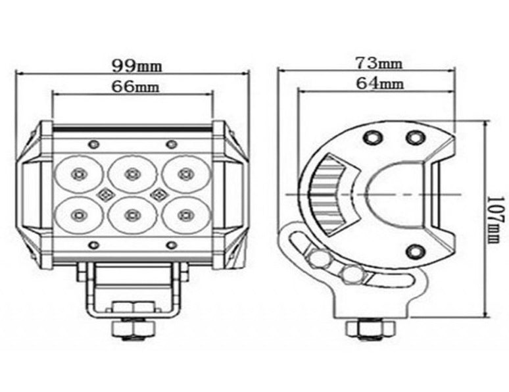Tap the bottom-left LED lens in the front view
pos(78,214)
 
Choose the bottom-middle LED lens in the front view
pos(132,214)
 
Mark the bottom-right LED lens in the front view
pos(185,214)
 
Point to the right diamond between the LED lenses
pos(158,194)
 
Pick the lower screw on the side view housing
pos(415,250)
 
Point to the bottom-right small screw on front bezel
pos(171,245)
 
